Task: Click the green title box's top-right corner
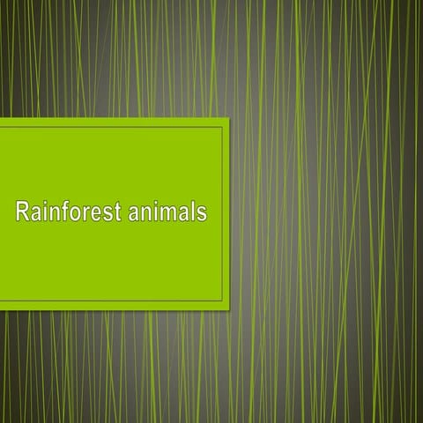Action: [228, 118]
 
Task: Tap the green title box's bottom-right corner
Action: [228, 308]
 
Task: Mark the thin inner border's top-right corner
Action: [222, 127]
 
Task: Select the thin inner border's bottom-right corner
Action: [222, 301]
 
